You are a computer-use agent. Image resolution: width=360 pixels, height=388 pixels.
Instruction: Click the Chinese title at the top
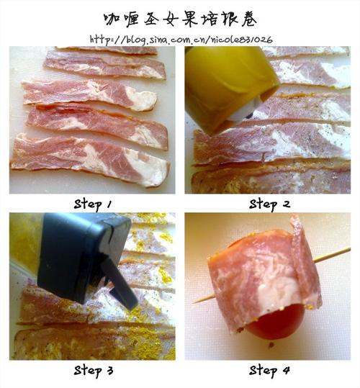click(x=180, y=17)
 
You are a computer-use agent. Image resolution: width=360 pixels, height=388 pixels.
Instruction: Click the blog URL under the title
click(x=181, y=38)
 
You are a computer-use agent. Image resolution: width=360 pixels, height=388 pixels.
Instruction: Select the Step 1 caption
click(x=93, y=204)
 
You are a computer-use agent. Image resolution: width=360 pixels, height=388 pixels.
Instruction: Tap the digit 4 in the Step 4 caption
click(x=286, y=371)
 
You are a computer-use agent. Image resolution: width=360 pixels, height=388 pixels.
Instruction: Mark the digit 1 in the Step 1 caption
click(x=110, y=204)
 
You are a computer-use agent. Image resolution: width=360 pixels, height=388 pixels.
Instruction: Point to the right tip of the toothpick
click(x=349, y=250)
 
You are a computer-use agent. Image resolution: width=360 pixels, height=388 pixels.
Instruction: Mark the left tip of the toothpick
click(x=194, y=300)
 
